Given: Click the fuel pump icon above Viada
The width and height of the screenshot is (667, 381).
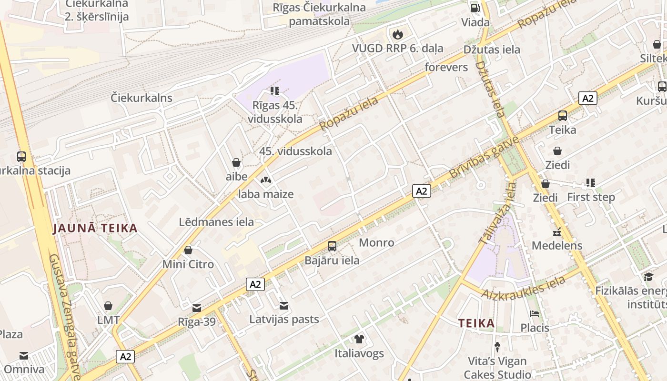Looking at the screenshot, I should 475,8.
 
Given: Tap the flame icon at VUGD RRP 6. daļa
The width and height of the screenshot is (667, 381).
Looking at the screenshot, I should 397,34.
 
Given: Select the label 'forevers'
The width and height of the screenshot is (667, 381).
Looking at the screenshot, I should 446,67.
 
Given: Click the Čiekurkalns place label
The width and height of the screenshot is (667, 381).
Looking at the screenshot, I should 141,98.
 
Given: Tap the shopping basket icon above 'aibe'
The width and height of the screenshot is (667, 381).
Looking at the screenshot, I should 236,162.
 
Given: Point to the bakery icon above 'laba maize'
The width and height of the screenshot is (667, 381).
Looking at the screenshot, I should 266,180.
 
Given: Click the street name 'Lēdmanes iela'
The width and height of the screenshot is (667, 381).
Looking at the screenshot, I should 216,222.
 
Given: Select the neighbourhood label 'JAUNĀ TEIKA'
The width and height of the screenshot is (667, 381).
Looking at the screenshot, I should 95,228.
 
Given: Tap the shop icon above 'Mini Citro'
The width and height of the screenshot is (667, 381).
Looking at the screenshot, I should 188,250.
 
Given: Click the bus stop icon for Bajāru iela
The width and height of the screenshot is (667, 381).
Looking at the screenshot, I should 332,246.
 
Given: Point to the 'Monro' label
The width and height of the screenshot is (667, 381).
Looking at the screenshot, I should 376,242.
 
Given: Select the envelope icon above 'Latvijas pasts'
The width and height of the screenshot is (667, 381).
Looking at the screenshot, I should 284,305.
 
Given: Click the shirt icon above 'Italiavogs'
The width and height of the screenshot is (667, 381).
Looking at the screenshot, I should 359,339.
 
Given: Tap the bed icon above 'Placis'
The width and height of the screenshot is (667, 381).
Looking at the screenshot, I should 535,314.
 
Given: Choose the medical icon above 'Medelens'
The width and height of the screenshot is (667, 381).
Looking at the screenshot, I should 556,232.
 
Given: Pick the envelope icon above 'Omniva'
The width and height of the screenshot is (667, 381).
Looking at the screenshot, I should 23,355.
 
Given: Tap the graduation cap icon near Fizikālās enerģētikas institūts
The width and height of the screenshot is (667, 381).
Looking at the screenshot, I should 648,277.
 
